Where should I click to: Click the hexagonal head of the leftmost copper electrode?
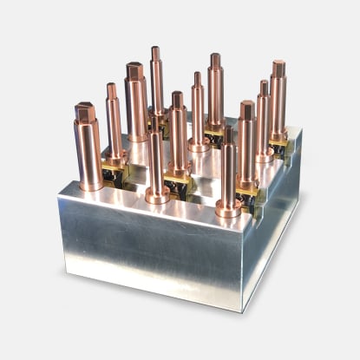(x=84, y=112)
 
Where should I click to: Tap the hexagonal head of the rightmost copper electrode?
(x=278, y=68)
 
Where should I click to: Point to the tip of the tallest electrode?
(x=155, y=51)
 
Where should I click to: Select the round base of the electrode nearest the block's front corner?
(x=227, y=208)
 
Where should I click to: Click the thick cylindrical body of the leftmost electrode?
(x=88, y=152)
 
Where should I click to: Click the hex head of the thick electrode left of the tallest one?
(x=134, y=70)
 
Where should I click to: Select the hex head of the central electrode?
(x=178, y=99)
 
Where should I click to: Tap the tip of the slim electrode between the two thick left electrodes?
(x=111, y=87)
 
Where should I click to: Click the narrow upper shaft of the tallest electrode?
(x=156, y=78)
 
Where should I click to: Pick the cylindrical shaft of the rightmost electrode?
(x=278, y=104)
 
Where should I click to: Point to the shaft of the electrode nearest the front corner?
(x=228, y=173)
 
